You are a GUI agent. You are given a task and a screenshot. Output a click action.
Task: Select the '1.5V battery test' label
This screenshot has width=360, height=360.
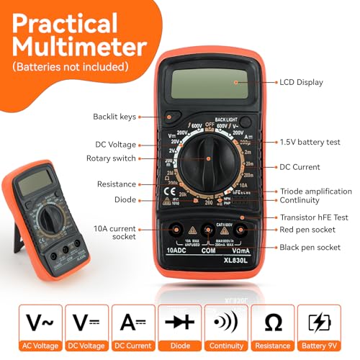[310, 142]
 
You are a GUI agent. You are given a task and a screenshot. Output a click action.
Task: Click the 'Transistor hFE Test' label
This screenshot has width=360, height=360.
[315, 217]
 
